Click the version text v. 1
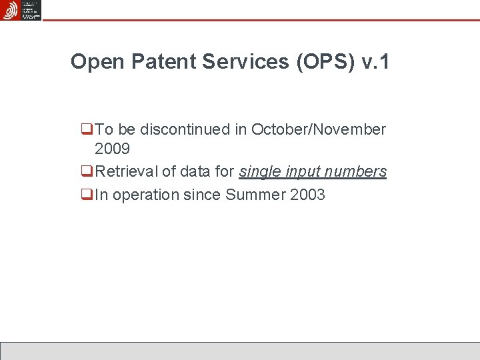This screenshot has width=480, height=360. (x=375, y=63)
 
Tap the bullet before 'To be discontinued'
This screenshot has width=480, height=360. (x=86, y=129)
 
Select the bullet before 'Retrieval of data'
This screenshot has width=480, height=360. (x=86, y=172)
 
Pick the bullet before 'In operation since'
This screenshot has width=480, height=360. (x=86, y=195)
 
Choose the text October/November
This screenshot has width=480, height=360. (x=319, y=129)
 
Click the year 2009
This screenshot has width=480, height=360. (x=112, y=149)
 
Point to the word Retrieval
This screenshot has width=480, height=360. (x=127, y=171)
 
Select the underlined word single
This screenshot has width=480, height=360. (x=260, y=171)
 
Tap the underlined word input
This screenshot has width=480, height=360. (x=304, y=172)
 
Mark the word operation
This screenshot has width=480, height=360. (x=146, y=195)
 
